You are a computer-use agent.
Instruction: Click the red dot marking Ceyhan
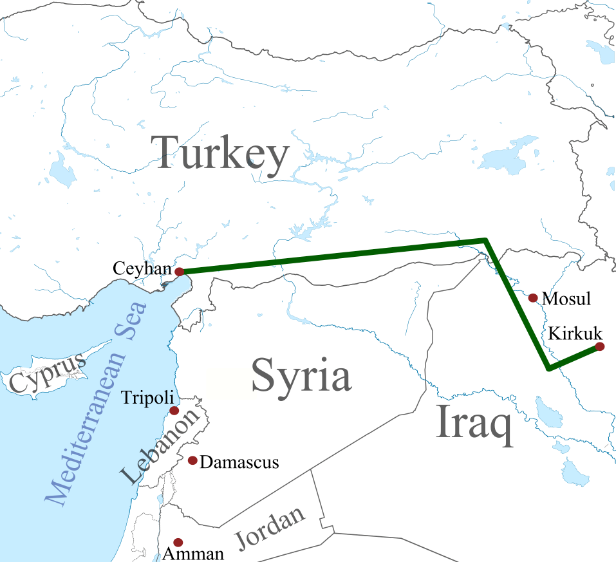[180, 272]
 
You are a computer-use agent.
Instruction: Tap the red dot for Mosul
[533, 297]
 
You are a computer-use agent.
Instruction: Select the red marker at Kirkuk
[600, 346]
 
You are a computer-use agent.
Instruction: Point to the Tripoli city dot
[174, 410]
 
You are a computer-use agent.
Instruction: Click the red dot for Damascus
[192, 460]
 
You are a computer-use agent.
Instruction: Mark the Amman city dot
[178, 542]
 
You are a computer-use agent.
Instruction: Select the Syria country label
[301, 377]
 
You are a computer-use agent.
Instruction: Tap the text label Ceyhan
[142, 268]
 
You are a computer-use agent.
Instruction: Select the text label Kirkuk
[575, 333]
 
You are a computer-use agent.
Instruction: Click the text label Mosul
[566, 299]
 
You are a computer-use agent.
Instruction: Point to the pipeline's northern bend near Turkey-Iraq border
[485, 241]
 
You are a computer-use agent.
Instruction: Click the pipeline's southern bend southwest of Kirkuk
[548, 368]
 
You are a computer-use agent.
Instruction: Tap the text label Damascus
[239, 462]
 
